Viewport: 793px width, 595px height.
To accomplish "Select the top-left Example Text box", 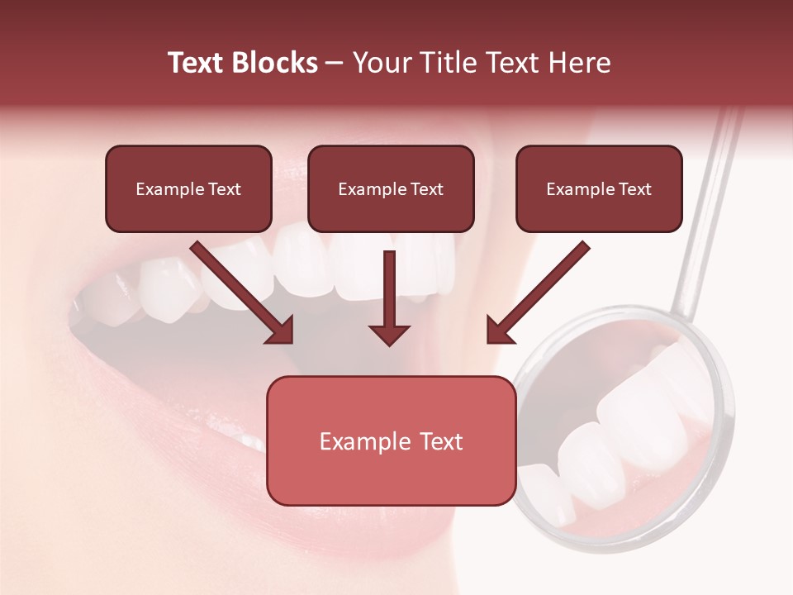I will pyautogui.click(x=188, y=189).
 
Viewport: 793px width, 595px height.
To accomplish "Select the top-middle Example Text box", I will pyautogui.click(x=391, y=189).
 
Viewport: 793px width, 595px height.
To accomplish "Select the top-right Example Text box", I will pyautogui.click(x=599, y=189).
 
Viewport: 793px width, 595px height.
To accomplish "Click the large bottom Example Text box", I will pyautogui.click(x=391, y=440).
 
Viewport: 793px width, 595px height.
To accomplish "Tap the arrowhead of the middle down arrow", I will pyautogui.click(x=389, y=334).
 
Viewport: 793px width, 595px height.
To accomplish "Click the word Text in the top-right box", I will pyautogui.click(x=634, y=189).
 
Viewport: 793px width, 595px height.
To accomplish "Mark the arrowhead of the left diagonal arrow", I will pyautogui.click(x=281, y=331).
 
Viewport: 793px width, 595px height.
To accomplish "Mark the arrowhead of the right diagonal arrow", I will pyautogui.click(x=499, y=331).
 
